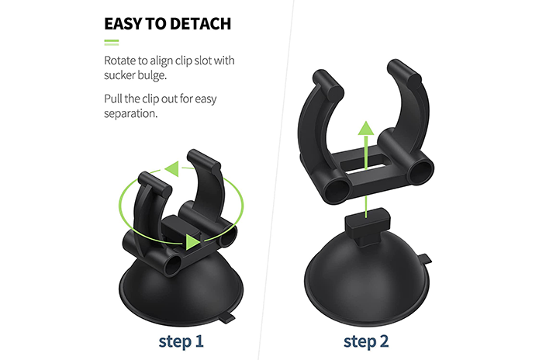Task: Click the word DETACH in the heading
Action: pyautogui.click(x=200, y=24)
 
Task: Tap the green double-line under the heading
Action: pyautogui.click(x=112, y=43)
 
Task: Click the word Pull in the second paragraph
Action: pyautogui.click(x=112, y=99)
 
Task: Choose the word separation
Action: pyautogui.click(x=130, y=114)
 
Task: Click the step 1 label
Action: pyautogui.click(x=181, y=341)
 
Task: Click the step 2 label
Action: pyautogui.click(x=366, y=341)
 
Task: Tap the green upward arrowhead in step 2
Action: pyautogui.click(x=366, y=128)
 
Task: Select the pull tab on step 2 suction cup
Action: pyautogui.click(x=425, y=258)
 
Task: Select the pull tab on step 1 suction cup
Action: pyautogui.click(x=227, y=318)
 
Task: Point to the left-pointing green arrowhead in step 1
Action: pyautogui.click(x=172, y=168)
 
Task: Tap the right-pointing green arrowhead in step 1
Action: pyautogui.click(x=193, y=242)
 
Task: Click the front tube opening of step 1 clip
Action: pyautogui.click(x=174, y=265)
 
